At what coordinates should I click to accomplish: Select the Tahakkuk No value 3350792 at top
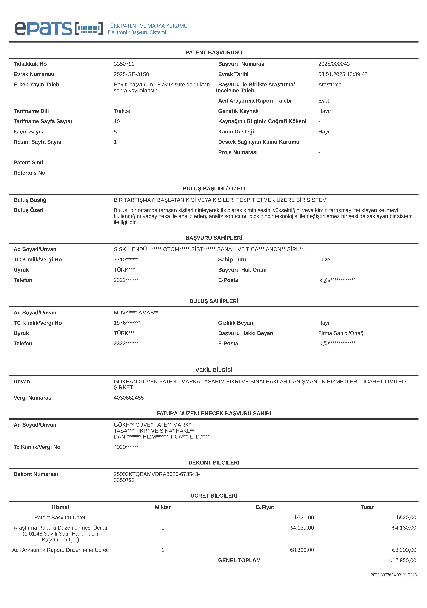(x=124, y=64)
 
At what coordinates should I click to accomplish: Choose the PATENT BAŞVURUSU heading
(x=214, y=52)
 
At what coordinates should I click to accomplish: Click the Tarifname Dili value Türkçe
(x=122, y=111)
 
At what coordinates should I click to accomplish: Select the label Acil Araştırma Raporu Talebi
(x=254, y=101)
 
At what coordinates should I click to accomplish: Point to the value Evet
(x=323, y=101)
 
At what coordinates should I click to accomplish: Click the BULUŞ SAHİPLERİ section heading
(x=214, y=301)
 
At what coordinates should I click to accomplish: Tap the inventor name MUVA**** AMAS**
(x=136, y=313)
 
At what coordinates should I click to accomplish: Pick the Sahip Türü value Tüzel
(x=325, y=260)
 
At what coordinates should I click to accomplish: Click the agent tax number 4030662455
(x=129, y=398)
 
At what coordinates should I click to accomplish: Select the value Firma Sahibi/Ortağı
(x=341, y=333)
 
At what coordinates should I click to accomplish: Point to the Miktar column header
(x=163, y=507)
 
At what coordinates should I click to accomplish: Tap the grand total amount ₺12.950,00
(x=402, y=560)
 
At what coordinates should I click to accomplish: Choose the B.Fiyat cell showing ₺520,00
(x=304, y=517)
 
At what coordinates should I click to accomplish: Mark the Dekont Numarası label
(x=36, y=474)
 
